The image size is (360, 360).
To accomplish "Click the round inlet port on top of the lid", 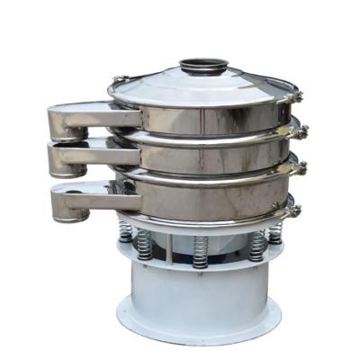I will tap(203, 66).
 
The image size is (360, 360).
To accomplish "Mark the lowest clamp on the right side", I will tap(293, 211).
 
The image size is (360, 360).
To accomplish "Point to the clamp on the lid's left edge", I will tap(118, 82).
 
